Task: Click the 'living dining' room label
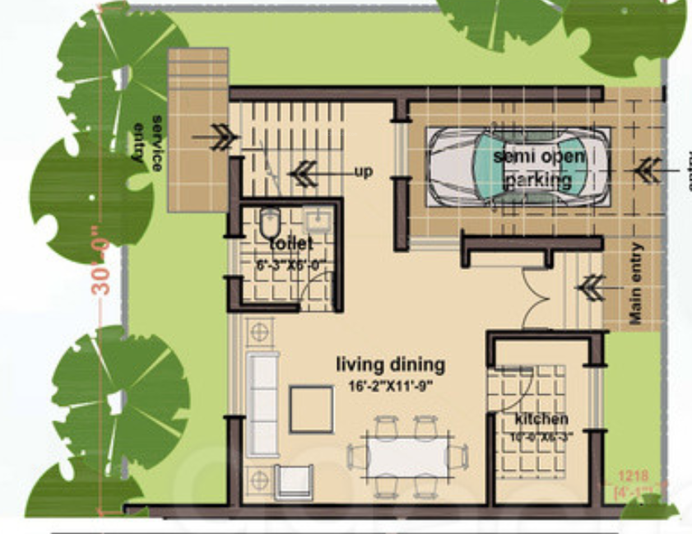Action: pyautogui.click(x=391, y=365)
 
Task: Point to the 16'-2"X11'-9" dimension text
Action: pyautogui.click(x=392, y=385)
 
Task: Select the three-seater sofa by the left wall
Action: pyautogui.click(x=263, y=402)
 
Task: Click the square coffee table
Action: pyautogui.click(x=312, y=409)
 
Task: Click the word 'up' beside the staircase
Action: pyautogui.click(x=363, y=172)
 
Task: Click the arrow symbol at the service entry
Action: pyautogui.click(x=221, y=137)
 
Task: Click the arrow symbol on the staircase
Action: pyautogui.click(x=303, y=173)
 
